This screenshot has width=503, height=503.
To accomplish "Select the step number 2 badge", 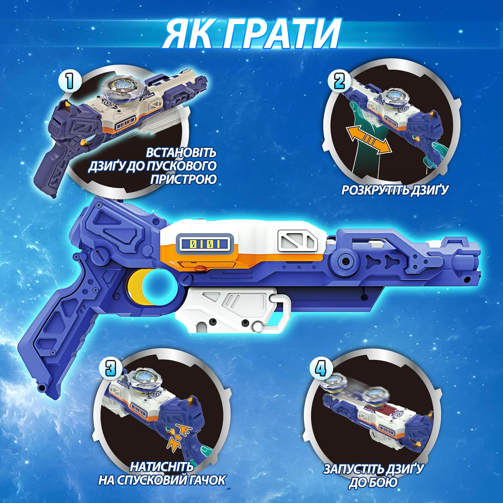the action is tap(339, 81).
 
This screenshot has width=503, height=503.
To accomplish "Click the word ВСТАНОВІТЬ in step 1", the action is tap(181, 153).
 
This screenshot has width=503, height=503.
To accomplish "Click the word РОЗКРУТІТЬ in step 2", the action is tap(376, 190).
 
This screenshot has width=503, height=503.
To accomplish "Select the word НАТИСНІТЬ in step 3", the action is tap(162, 467).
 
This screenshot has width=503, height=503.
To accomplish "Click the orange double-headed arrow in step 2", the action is tap(370, 139).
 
